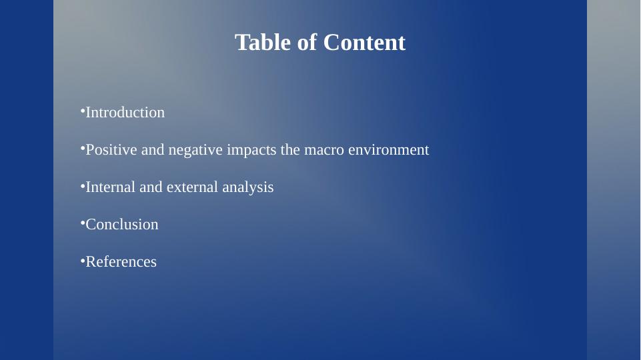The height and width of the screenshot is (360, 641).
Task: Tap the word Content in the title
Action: coord(364,43)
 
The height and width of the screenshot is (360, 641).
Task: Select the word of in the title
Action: coord(307,43)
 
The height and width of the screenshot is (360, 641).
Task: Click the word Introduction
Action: coord(125,113)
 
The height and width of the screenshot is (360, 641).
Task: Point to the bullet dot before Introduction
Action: coord(83,110)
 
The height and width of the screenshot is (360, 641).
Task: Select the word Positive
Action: coord(111,149)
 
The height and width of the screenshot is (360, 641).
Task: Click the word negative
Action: coord(196,149)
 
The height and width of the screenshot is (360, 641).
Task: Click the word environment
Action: coord(389,149)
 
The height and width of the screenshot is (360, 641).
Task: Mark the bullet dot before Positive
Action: coord(83,147)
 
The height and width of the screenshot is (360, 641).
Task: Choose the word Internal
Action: coord(110,187)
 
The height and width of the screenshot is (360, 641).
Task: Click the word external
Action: coord(193,187)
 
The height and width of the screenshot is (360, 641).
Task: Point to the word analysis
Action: coord(248,188)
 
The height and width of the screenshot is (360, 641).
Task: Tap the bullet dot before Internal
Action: coord(83,185)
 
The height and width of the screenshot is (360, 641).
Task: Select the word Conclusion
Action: coord(122,225)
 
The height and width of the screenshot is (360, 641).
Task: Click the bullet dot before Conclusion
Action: coord(83,222)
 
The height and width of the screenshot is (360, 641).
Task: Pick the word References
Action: coord(121,261)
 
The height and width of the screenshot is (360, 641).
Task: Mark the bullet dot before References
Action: coord(83,259)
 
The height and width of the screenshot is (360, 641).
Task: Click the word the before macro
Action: coord(290,149)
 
